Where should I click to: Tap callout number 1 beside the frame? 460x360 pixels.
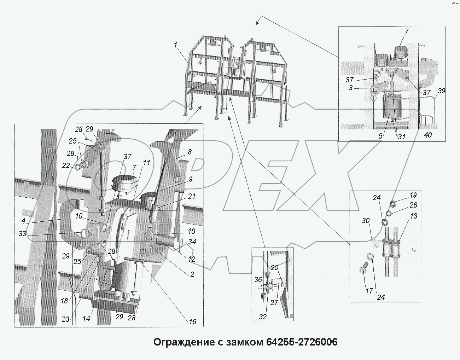(x=176, y=45)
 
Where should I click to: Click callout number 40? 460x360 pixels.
(x=427, y=135)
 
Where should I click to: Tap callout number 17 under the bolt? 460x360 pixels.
(x=369, y=291)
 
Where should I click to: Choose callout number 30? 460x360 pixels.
(x=366, y=221)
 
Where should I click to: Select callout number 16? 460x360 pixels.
(x=192, y=322)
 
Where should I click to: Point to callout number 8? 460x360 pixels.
(x=190, y=152)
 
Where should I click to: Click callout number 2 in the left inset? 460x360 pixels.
(x=192, y=274)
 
